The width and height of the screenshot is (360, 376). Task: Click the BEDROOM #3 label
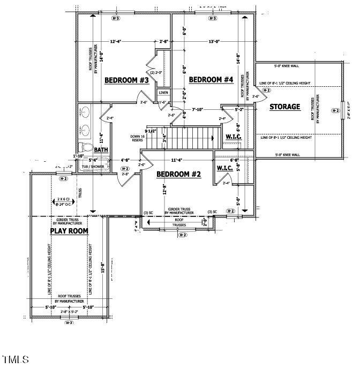[x=126, y=80]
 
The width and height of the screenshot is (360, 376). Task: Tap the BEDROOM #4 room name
[x=211, y=80]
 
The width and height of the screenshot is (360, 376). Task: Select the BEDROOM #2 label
[x=178, y=174]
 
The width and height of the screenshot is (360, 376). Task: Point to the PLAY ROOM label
[x=69, y=231]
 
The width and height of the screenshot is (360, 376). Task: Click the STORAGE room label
[x=284, y=107]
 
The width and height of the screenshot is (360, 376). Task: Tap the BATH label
[x=101, y=151]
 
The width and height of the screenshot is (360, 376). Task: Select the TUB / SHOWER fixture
[x=93, y=167]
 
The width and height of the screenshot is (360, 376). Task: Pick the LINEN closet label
[x=163, y=93]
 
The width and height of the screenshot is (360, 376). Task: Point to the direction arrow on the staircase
[x=213, y=138]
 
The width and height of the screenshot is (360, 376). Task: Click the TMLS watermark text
[x=16, y=359]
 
